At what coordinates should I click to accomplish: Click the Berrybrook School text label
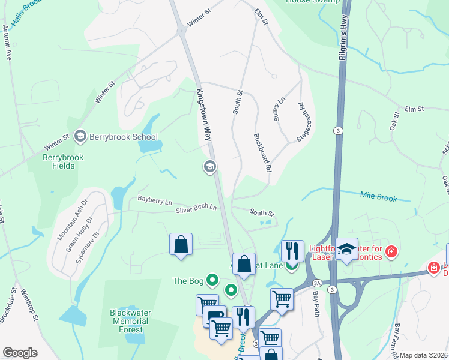123,137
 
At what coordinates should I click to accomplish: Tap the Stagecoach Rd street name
305,122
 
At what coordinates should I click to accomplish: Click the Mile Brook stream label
379,196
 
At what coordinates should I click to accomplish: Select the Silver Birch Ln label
196,208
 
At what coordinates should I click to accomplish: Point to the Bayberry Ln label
155,200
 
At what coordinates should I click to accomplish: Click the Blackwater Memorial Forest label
131,321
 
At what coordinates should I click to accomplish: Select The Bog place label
188,280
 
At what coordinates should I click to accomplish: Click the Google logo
20,353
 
